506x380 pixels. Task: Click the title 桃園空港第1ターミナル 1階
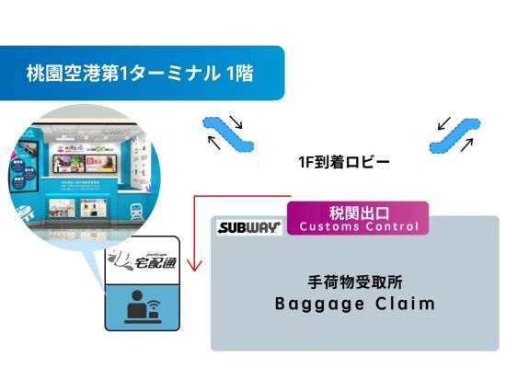[x=142, y=71]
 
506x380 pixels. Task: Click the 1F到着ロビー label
[x=345, y=163]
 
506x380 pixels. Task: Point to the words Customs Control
[x=359, y=226]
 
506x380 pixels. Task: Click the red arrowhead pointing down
[x=194, y=269]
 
